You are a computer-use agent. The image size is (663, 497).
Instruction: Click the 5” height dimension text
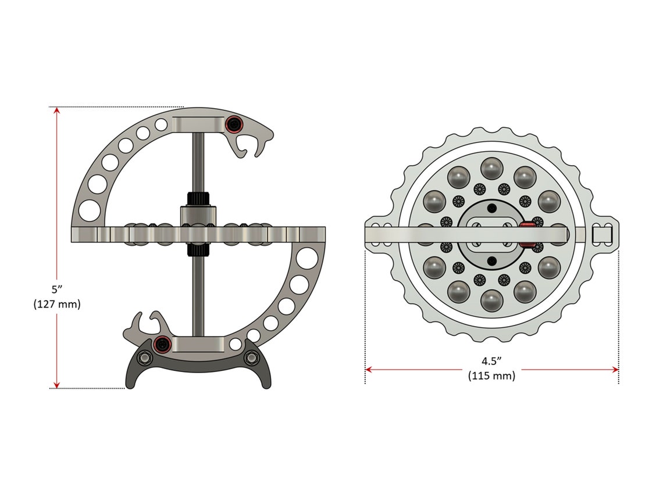57,289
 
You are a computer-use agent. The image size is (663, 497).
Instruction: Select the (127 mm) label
57,303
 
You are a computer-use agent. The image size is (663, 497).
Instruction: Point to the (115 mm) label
491,376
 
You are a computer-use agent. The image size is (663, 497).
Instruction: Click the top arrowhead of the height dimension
56,111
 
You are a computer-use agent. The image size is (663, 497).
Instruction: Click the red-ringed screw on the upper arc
234,124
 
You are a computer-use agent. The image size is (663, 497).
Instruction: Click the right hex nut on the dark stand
251,357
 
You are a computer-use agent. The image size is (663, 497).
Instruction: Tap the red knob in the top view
527,233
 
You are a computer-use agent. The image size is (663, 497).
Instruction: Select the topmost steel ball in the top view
491,169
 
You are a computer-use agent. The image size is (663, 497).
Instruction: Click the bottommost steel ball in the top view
491,299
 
